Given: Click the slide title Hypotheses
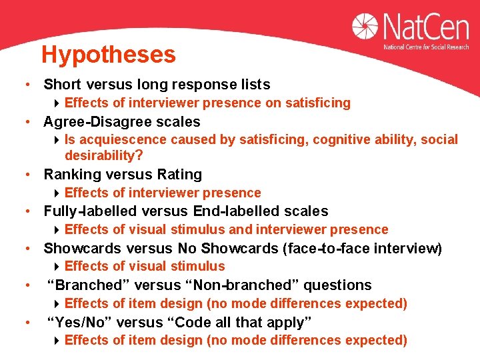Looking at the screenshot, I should [x=108, y=55].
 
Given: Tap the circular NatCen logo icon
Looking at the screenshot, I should [x=367, y=30].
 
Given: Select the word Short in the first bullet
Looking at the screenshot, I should [x=62, y=85].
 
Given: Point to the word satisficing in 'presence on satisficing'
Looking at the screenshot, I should [x=317, y=103].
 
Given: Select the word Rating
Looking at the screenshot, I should [x=179, y=175].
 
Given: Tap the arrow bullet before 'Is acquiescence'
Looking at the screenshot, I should [x=58, y=140].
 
